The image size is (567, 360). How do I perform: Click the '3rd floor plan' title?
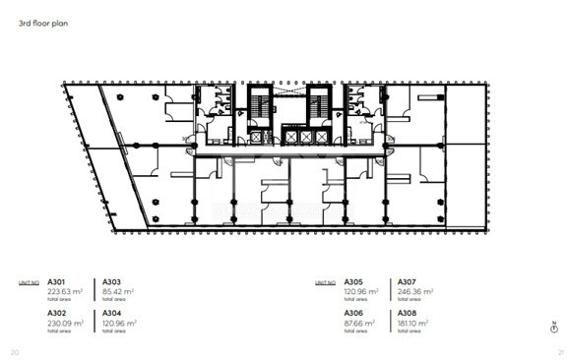coord(42,21)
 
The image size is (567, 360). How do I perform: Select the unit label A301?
coord(58,282)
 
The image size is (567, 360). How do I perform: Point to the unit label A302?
coord(58,313)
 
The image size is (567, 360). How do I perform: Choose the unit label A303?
coord(113,282)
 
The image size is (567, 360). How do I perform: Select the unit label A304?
coord(113,313)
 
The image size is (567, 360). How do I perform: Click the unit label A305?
coord(352,282)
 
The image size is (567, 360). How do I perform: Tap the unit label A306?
coord(352,313)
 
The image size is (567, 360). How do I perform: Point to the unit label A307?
coord(408,282)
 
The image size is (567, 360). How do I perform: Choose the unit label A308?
coord(408,313)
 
